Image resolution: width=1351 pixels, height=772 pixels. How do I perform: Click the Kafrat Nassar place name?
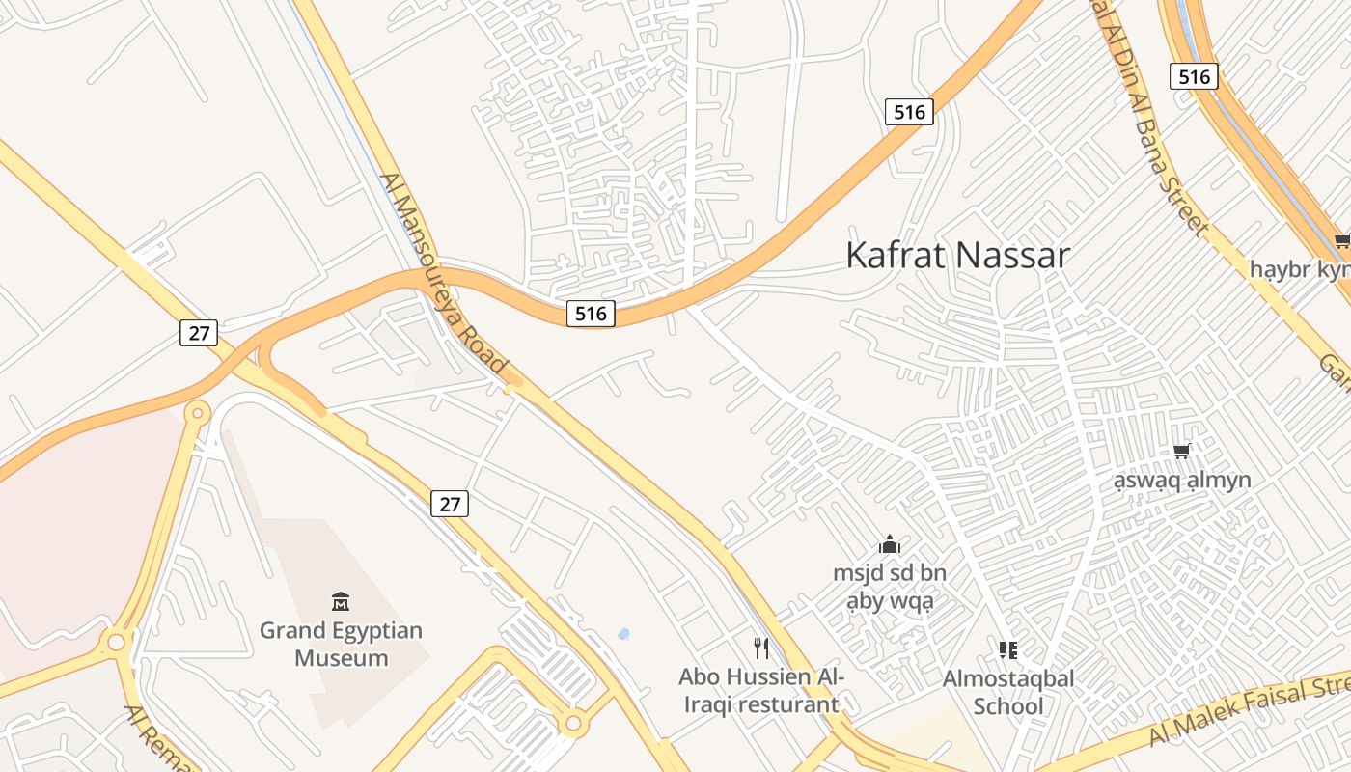(957, 256)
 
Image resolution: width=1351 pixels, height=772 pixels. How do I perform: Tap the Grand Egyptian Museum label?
(341, 645)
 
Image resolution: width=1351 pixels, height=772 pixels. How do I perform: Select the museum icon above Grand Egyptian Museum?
(340, 601)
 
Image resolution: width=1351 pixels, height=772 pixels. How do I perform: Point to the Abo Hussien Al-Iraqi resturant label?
(761, 690)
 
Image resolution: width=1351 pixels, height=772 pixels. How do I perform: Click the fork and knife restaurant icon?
(762, 648)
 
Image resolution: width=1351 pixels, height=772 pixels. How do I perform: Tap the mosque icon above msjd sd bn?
(890, 544)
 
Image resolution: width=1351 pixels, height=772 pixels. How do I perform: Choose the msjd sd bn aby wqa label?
(890, 588)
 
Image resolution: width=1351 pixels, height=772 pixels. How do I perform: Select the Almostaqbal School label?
(1008, 692)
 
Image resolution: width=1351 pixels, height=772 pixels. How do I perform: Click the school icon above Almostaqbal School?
(1008, 649)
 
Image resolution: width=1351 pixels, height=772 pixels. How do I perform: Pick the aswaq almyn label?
(1181, 480)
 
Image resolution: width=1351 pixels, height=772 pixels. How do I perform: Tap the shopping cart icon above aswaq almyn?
(1181, 451)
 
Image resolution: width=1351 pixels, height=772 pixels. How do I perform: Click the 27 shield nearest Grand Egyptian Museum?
(450, 503)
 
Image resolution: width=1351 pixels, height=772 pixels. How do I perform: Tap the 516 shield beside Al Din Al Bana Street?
(1194, 76)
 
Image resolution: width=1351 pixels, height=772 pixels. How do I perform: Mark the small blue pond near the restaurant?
(623, 634)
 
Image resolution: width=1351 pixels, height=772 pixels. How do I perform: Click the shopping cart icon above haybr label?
(1341, 240)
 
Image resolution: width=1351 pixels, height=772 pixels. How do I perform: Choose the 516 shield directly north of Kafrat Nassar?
(909, 112)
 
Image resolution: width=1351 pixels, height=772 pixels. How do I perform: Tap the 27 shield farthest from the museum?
(199, 333)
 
